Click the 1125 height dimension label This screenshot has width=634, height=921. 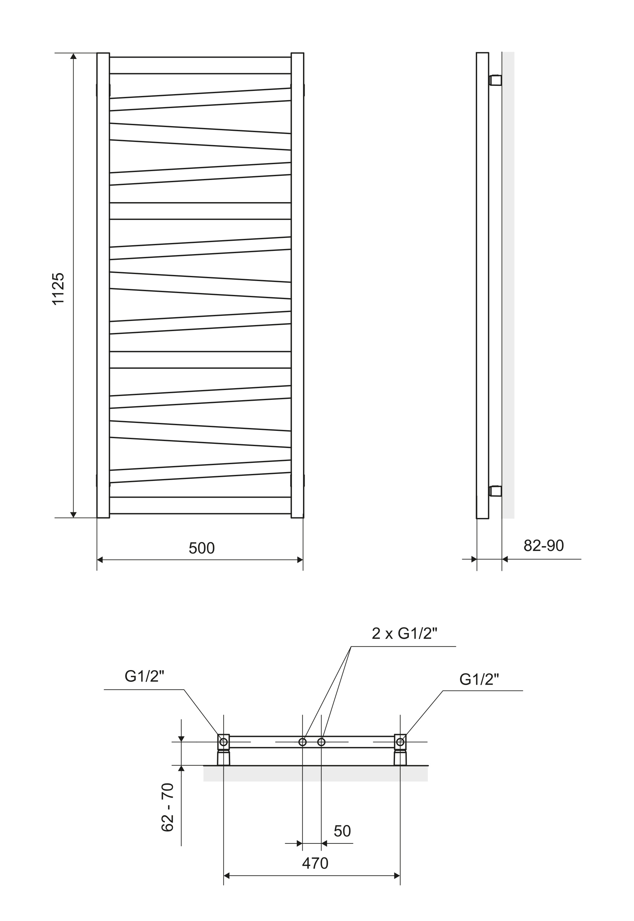point(58,289)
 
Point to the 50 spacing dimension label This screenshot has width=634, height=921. point(342,831)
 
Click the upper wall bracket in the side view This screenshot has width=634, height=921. point(495,80)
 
